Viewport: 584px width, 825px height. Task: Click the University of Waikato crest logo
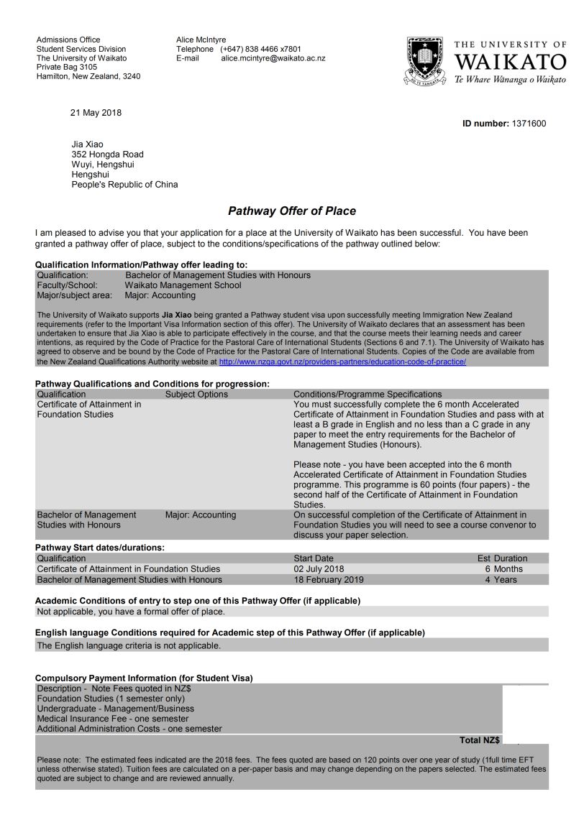pos(426,61)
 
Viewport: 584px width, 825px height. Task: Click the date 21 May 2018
pos(96,113)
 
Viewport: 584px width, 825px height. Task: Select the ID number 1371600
pos(529,124)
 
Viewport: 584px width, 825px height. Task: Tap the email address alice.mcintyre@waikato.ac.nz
pos(273,58)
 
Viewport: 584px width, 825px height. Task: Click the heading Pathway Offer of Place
pos(291,211)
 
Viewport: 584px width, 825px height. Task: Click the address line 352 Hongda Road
pos(107,155)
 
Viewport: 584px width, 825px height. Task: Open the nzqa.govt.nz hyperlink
pos(342,361)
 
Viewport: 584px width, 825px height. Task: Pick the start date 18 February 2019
pos(329,580)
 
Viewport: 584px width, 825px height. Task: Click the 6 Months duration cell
pos(503,569)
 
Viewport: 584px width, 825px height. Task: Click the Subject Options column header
pos(196,395)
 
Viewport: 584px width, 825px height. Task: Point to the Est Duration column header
pos(502,558)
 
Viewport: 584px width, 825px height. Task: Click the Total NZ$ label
pos(480,740)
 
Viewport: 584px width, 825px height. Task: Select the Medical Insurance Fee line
pos(113,719)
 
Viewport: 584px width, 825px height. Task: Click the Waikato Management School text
pos(183,285)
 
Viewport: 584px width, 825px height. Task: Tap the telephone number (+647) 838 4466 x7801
pos(260,49)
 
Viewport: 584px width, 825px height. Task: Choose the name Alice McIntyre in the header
pos(201,40)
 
